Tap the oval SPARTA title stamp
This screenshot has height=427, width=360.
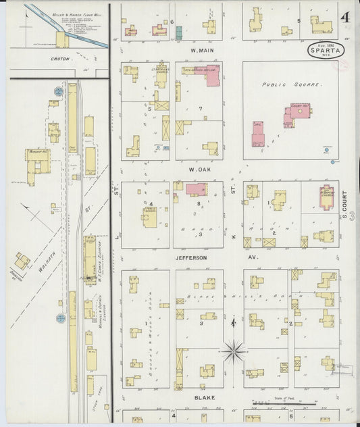[326, 49]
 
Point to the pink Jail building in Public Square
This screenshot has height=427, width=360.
[258, 134]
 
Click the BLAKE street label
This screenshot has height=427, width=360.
[204, 397]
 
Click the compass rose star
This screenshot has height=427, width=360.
[234, 351]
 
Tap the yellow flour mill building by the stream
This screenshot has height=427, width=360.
[62, 40]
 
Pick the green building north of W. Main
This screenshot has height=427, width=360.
[179, 31]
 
